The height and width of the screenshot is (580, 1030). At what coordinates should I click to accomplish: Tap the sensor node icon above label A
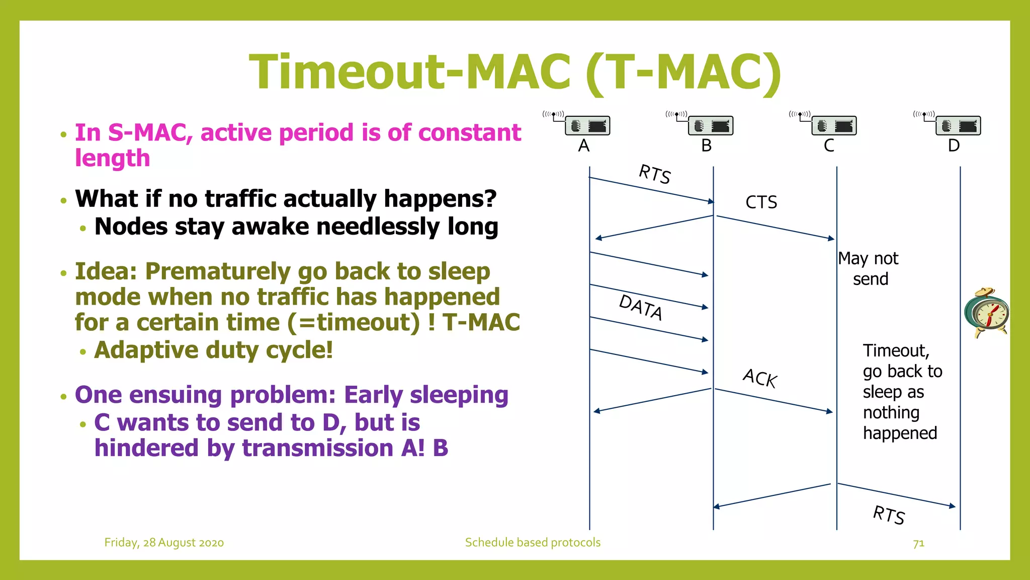[x=586, y=125]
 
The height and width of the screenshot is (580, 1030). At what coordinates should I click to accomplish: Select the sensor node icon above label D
[x=957, y=125]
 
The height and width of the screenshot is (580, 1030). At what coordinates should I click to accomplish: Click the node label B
[x=707, y=146]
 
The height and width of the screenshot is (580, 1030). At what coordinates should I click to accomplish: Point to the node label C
[x=829, y=146]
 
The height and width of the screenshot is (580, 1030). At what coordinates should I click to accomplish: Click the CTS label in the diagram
[x=761, y=202]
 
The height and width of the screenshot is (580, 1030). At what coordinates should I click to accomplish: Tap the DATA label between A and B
[x=641, y=307]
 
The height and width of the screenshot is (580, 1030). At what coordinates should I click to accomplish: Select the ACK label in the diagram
[x=760, y=378]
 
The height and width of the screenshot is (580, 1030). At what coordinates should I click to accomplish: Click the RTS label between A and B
[x=654, y=174]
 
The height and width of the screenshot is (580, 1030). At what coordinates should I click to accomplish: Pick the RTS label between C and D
[x=889, y=515]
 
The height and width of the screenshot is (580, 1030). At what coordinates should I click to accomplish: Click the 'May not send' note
[x=869, y=268]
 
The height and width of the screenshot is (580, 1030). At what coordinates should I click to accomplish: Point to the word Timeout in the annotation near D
[x=896, y=350]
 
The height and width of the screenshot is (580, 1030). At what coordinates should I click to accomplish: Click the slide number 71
[x=918, y=543]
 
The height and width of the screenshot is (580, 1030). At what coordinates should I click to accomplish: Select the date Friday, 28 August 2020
[x=164, y=543]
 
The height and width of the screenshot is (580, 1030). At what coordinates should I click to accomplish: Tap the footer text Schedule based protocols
[x=533, y=543]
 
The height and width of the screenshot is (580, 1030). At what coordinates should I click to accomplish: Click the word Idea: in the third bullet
[x=106, y=272]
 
